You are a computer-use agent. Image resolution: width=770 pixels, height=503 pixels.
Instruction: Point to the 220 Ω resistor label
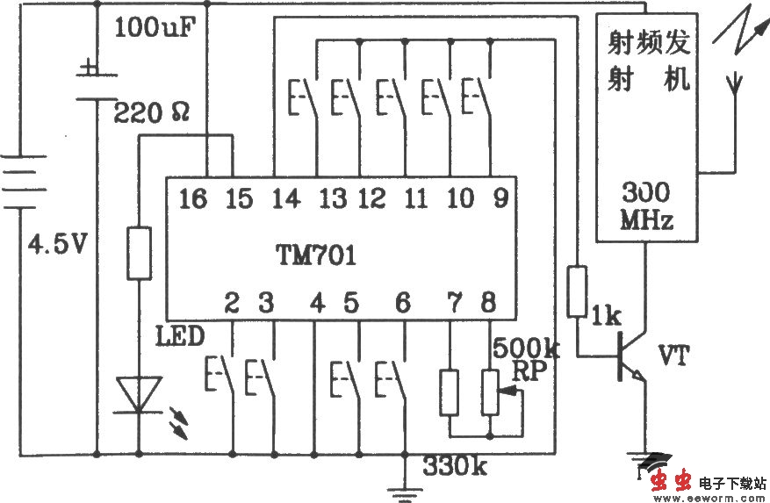(x=158, y=111)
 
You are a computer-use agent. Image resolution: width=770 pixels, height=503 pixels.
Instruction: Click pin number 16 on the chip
(x=192, y=199)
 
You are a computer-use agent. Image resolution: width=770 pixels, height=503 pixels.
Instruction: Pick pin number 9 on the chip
(x=499, y=199)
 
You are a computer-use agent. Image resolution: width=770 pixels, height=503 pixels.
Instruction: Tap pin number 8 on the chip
(x=487, y=304)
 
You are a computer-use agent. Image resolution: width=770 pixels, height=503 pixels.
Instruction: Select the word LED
(x=180, y=336)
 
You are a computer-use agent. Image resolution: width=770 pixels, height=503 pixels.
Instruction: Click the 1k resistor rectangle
(x=576, y=291)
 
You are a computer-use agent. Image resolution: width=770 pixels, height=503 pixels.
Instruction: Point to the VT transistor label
(x=673, y=356)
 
